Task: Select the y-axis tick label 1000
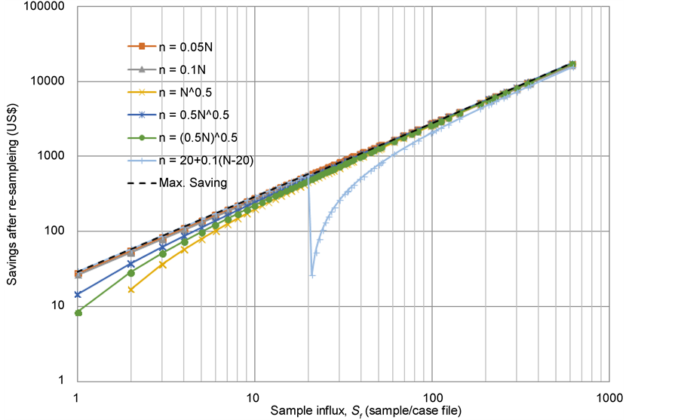[53, 156]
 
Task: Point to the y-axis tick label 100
[56, 231]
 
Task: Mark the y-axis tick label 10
[59, 305]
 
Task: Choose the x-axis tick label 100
[431, 395]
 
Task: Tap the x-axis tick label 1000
[609, 395]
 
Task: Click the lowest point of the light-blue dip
[312, 275]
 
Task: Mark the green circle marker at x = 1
[78, 312]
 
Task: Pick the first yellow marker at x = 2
[131, 290]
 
